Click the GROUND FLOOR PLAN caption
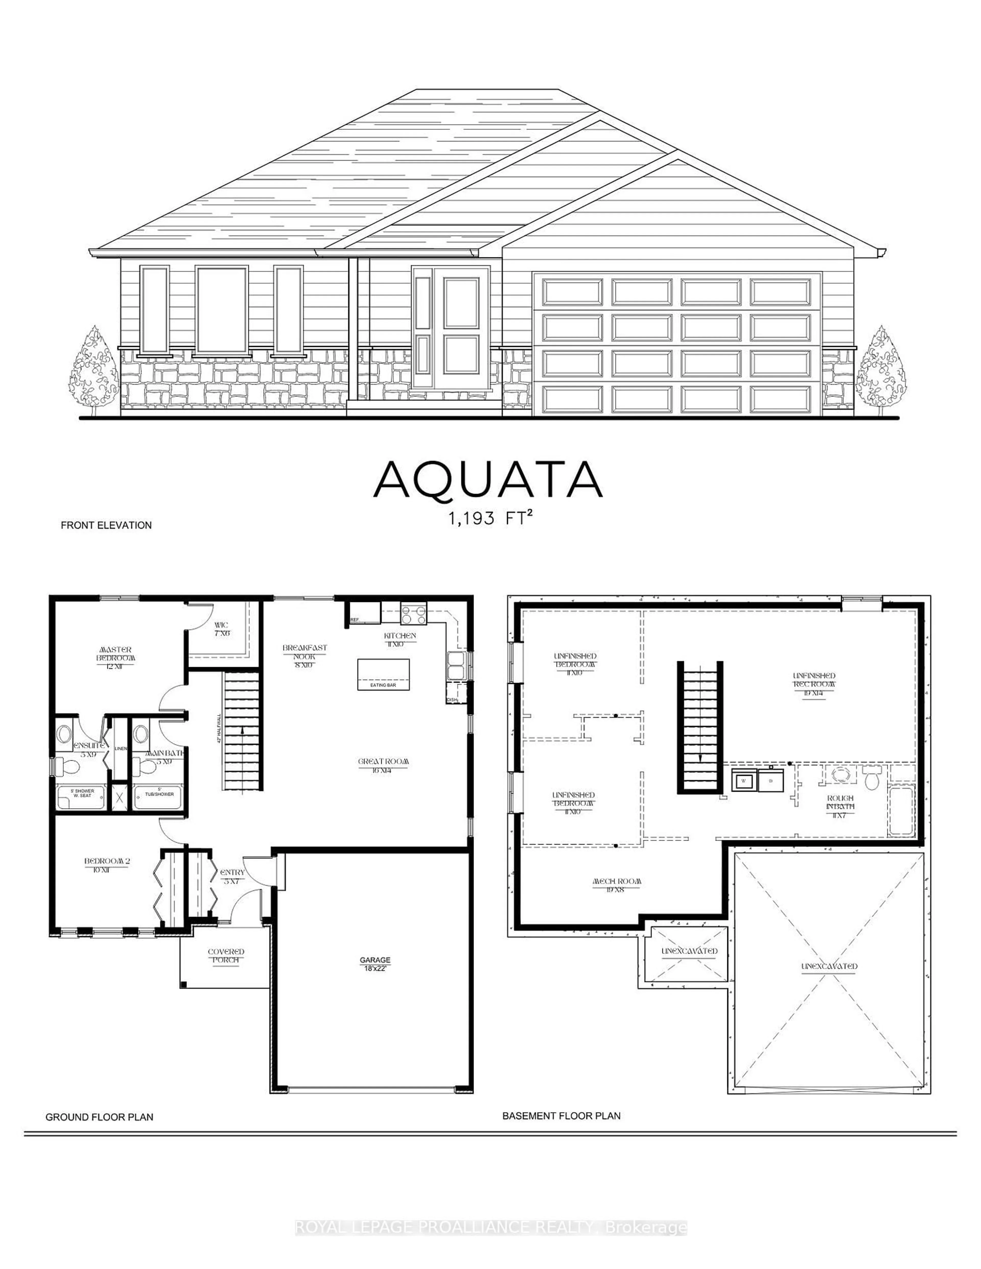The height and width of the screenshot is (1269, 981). coord(99,1117)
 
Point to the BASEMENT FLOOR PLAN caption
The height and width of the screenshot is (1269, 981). coord(561,1116)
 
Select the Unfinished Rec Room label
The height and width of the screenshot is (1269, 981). coord(814,680)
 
